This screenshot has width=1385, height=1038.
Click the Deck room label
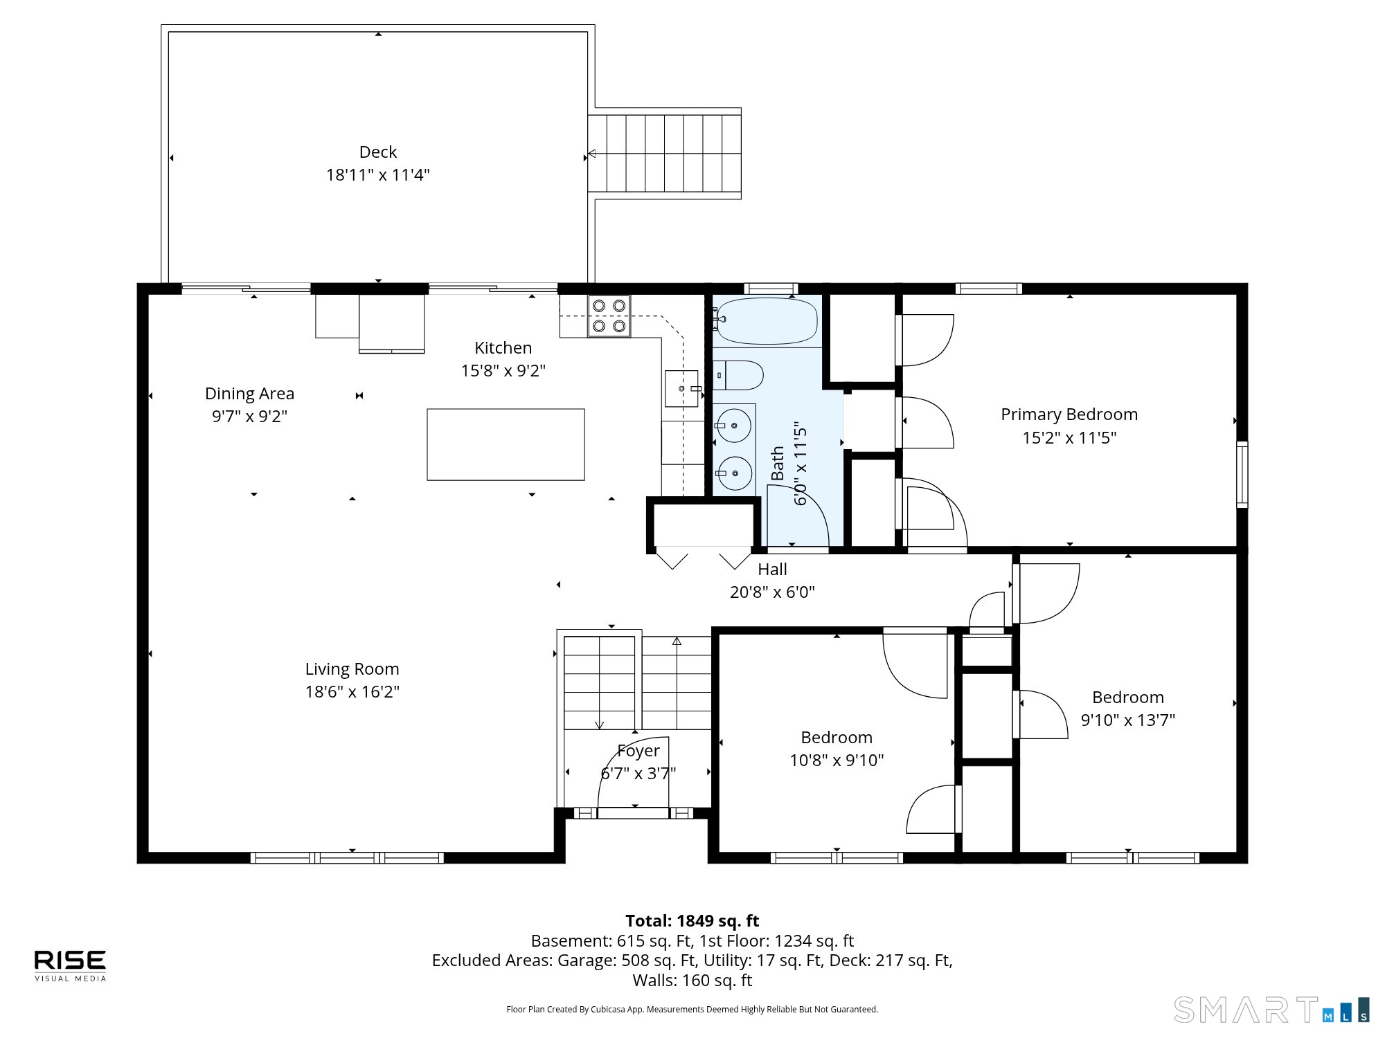(378, 152)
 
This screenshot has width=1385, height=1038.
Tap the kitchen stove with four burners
(609, 316)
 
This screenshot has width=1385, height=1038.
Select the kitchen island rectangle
(506, 444)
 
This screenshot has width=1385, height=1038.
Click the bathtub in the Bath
(766, 320)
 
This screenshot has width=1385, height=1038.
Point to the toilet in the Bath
(738, 375)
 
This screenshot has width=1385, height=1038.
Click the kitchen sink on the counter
(683, 389)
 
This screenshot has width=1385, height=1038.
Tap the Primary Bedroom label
(1069, 414)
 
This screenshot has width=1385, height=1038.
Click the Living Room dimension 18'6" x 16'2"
(352, 691)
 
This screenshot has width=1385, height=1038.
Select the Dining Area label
(249, 393)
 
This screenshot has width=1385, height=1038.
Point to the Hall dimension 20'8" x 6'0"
(772, 592)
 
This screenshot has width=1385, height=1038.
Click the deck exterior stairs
(665, 154)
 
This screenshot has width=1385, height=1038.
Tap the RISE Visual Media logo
(71, 965)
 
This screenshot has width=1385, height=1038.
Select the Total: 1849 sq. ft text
(692, 920)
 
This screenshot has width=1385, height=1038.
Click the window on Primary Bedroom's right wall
(1242, 474)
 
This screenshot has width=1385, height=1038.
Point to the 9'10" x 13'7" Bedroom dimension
(1128, 720)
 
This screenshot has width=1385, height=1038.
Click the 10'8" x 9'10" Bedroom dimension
(837, 760)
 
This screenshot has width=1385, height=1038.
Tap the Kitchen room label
(503, 347)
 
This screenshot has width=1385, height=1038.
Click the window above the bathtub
(771, 289)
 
